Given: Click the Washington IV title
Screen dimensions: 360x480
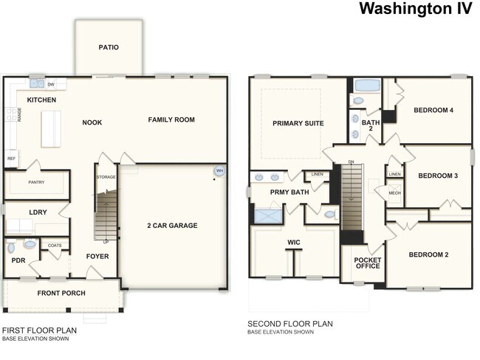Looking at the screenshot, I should pyautogui.click(x=416, y=9).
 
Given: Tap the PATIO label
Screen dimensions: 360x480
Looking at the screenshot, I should pyautogui.click(x=109, y=47).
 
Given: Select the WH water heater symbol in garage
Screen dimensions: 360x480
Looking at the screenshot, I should pyautogui.click(x=219, y=171).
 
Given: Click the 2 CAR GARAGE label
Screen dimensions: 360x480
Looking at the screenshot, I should pyautogui.click(x=171, y=225).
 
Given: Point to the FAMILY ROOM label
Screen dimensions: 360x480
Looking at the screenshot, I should pyautogui.click(x=171, y=120).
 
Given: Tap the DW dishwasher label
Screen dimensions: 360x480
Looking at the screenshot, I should pyautogui.click(x=51, y=85).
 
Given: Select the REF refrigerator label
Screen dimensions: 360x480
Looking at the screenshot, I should pyautogui.click(x=11, y=159).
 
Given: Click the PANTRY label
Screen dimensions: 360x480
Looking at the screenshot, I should pyautogui.click(x=37, y=181).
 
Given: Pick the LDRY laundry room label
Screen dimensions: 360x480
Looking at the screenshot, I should pyautogui.click(x=38, y=212).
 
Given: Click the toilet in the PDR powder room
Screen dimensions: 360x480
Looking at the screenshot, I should pyautogui.click(x=30, y=244).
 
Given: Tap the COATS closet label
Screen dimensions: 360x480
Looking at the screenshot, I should pyautogui.click(x=55, y=246).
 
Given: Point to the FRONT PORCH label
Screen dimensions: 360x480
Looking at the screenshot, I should pyautogui.click(x=61, y=293).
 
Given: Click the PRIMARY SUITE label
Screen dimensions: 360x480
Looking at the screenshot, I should pyautogui.click(x=298, y=123).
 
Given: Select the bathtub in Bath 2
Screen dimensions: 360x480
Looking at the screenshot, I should pyautogui.click(x=365, y=85).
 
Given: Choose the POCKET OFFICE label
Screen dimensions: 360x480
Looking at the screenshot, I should pyautogui.click(x=367, y=263).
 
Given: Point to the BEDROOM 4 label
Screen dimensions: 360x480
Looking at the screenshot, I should pyautogui.click(x=433, y=110).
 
